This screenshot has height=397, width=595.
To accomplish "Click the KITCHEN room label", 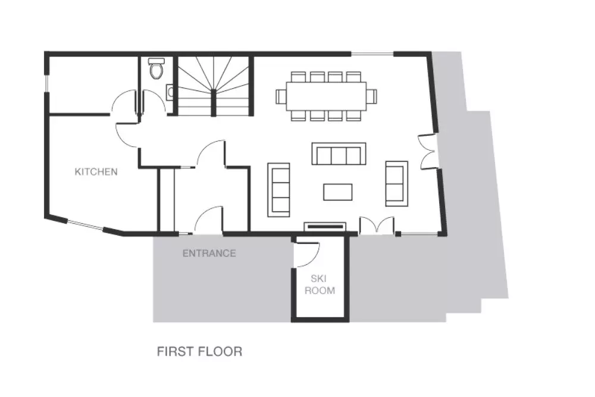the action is (96, 171).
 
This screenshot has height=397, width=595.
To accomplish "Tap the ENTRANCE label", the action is (209, 253).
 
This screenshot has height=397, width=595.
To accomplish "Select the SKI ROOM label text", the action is (320, 285).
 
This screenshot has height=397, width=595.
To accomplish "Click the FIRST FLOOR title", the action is (199, 351).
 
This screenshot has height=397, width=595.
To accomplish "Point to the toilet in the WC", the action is (155, 68).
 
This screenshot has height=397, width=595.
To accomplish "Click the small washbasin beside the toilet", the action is (170, 92).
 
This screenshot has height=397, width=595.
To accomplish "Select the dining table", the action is (326, 96).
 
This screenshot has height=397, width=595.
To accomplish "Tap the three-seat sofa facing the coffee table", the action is (339, 154).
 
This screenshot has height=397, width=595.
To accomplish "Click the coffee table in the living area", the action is (338, 192).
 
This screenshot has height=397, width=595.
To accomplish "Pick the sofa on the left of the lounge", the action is (278, 190).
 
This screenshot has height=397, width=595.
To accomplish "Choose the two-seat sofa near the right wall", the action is (396, 184).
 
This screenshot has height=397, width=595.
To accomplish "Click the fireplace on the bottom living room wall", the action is (325, 227).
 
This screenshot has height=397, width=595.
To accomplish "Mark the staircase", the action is (213, 86).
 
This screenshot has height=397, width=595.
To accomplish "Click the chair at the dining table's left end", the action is (281, 96).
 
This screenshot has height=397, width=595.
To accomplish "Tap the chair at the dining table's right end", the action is (372, 96).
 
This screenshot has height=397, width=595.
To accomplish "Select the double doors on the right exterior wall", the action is (427, 151).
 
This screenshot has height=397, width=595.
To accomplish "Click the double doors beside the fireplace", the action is (377, 224).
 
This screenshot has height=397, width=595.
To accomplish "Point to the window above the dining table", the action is (372, 54).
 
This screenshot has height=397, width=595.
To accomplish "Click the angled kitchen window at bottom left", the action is (86, 224).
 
